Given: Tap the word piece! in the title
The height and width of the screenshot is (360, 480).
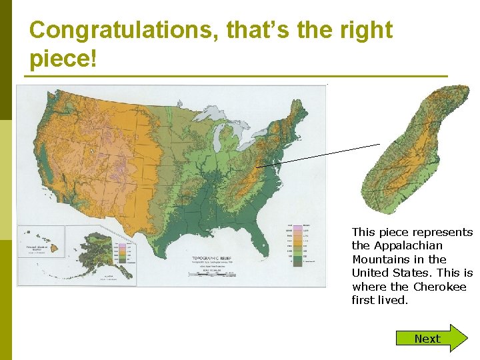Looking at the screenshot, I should [63, 58].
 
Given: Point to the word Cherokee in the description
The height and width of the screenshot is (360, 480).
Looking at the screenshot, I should [441, 287].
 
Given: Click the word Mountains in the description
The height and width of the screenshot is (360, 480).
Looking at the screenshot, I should [381, 259].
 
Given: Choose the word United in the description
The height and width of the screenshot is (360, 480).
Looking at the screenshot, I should [371, 273].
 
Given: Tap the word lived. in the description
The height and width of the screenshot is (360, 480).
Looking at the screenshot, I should [393, 300].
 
